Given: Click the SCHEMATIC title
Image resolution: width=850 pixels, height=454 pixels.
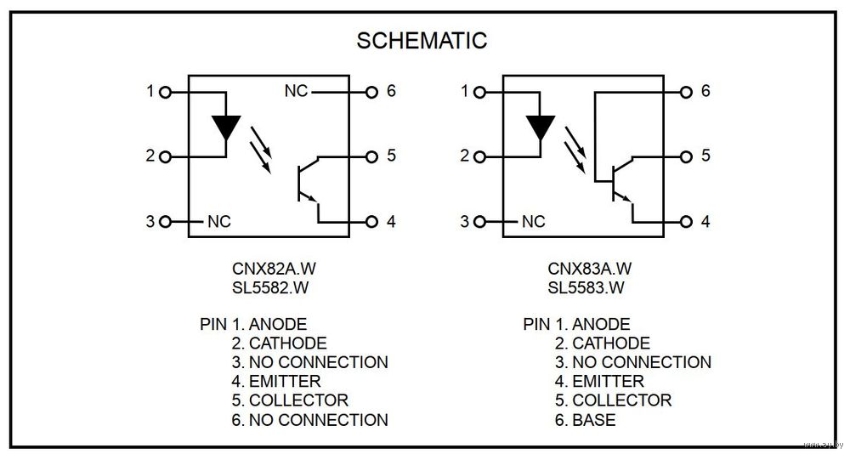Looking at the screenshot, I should (x=422, y=40).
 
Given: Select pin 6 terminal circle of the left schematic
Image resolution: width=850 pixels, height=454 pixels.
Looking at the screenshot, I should (x=371, y=91).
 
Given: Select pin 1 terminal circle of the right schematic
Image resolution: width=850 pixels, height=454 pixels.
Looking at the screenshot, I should (x=479, y=91).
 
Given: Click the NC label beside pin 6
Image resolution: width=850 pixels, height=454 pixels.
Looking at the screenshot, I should (x=296, y=91).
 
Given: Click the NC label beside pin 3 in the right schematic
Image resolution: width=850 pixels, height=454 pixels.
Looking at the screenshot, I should (x=533, y=222).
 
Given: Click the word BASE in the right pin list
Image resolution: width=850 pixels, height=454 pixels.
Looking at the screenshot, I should (x=594, y=419).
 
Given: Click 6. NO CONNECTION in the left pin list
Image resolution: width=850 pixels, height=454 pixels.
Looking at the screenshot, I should (x=309, y=419).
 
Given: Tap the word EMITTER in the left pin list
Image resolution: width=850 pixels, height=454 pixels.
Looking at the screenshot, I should (x=285, y=381).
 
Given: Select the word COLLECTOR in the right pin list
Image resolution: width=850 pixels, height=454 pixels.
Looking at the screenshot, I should (x=621, y=400).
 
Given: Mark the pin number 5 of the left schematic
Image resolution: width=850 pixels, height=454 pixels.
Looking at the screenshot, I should (x=391, y=156).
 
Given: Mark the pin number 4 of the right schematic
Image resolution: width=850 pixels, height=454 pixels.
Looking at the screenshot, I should (x=705, y=222).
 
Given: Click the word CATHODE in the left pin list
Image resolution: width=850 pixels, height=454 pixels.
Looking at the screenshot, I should (x=287, y=343).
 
